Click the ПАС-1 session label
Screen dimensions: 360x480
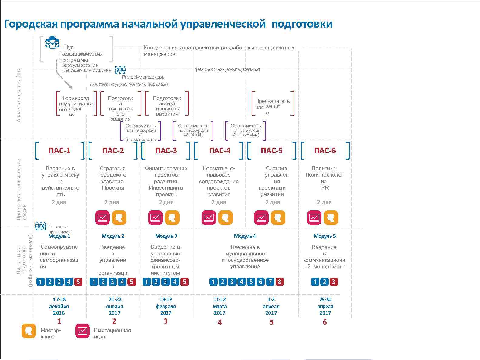pyautogui.click(x=59, y=150)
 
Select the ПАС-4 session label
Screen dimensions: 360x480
pyautogui.click(x=220, y=150)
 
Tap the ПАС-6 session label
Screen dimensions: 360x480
pyautogui.click(x=325, y=150)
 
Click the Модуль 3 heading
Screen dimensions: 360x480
pyautogui.click(x=166, y=236)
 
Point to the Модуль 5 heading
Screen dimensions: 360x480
pyautogui.click(x=324, y=236)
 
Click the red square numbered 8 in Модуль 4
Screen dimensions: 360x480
pyautogui.click(x=280, y=282)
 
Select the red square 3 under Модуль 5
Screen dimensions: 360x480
pyautogui.click(x=334, y=282)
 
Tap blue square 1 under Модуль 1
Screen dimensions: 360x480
pyautogui.click(x=41, y=282)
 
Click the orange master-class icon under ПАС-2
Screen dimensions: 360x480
pyautogui.click(x=119, y=218)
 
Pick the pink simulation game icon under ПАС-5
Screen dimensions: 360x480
pyautogui.click(x=261, y=218)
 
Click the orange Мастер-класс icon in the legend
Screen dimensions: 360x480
pyautogui.click(x=29, y=331)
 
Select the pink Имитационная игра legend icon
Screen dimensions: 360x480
pyautogui.click(x=82, y=331)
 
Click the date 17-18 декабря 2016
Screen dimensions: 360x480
pyautogui.click(x=59, y=306)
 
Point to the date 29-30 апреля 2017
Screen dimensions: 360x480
pyautogui.click(x=325, y=306)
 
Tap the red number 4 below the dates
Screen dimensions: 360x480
pyautogui.click(x=220, y=322)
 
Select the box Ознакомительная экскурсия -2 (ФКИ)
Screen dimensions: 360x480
pyautogui.click(x=193, y=130)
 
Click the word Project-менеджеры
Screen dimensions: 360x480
pyautogui.click(x=143, y=77)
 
